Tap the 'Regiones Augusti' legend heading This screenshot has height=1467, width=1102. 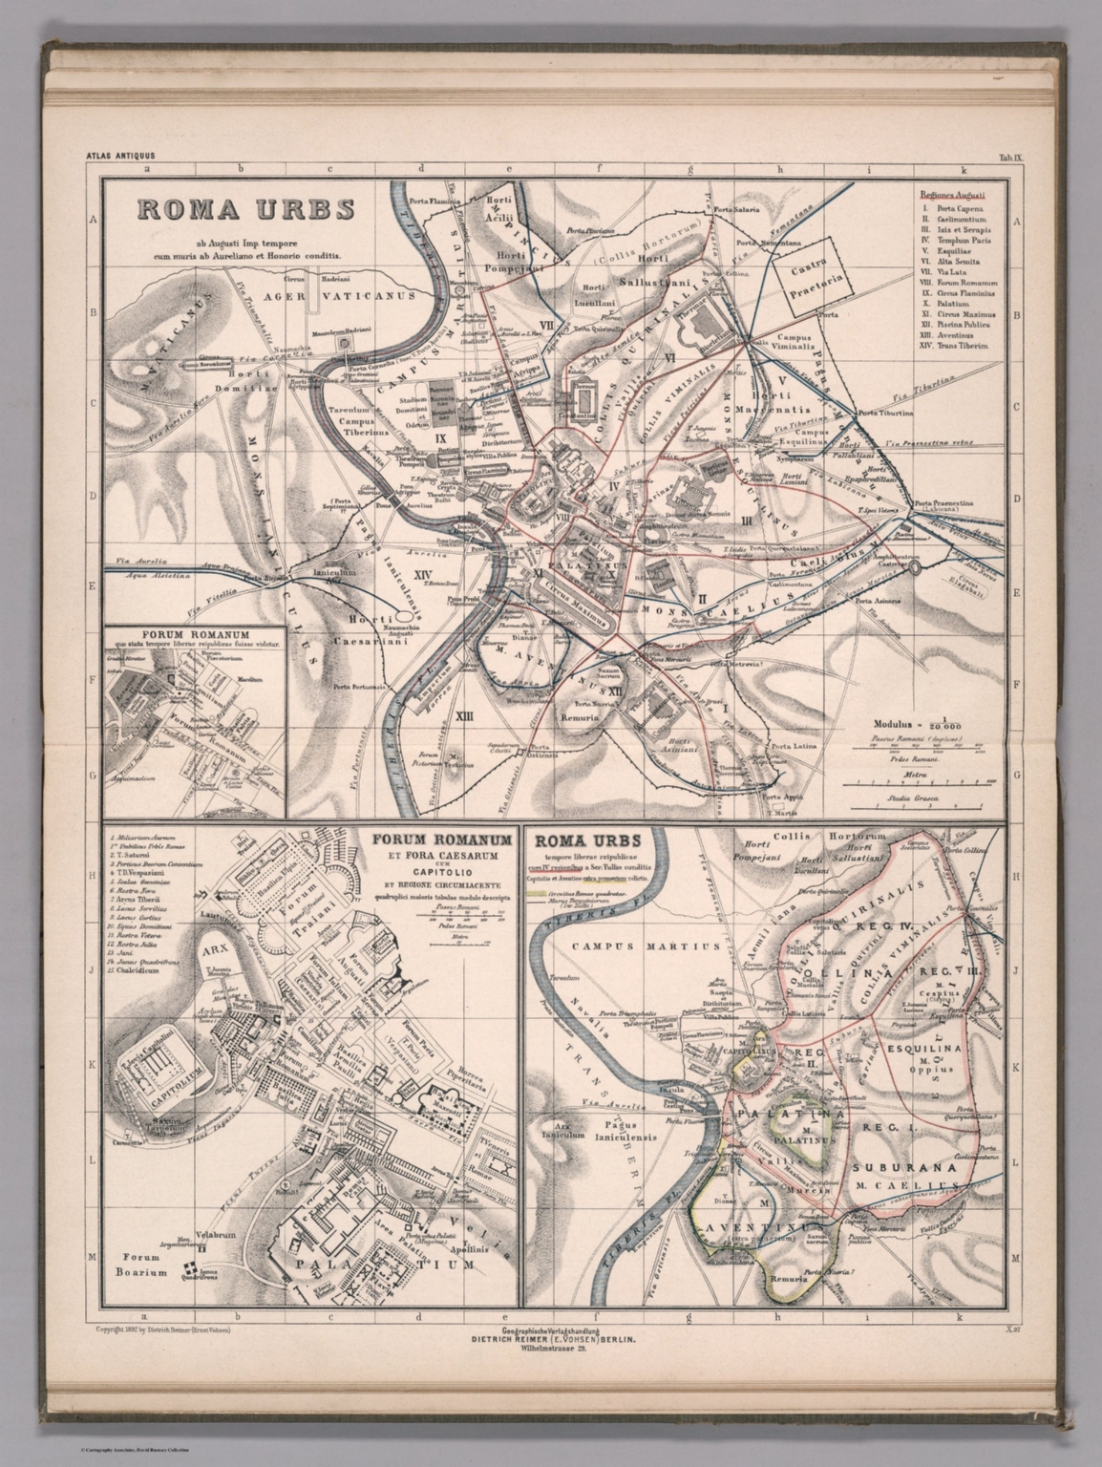(951, 193)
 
